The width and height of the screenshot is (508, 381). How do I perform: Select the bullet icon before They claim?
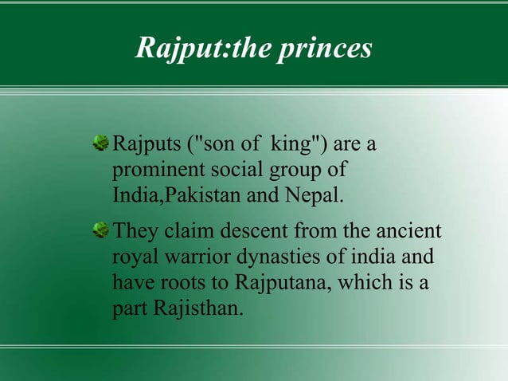click(x=102, y=232)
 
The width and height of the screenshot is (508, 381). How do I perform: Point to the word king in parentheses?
click(x=294, y=147)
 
